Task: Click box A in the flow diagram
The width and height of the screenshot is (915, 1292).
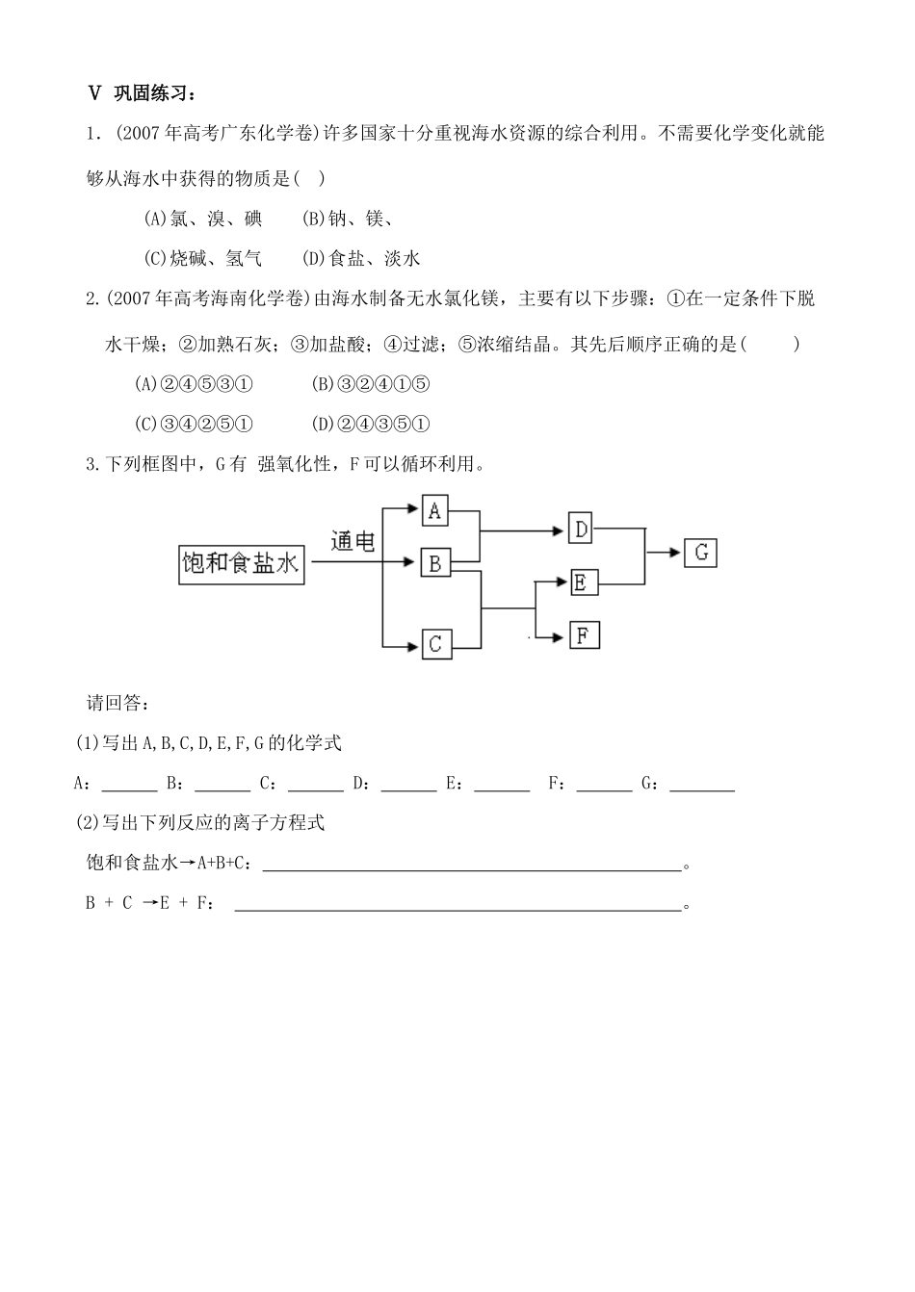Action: coord(435,510)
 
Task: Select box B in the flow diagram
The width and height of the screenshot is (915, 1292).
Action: coord(435,563)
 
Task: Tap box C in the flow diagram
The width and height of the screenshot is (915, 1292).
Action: coord(435,643)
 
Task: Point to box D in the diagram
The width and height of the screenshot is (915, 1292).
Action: coord(582,529)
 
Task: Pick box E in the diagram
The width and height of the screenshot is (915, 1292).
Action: coord(582,582)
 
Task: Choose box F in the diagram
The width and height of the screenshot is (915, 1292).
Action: coord(584,635)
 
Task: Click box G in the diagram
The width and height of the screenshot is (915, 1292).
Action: coord(700,553)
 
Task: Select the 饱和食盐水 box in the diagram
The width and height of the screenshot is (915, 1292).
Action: coord(241,563)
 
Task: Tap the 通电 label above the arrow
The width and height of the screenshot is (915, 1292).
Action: coord(353,541)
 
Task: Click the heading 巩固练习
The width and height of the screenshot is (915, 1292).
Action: coord(154,93)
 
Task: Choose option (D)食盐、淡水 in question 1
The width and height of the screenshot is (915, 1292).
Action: coord(361,258)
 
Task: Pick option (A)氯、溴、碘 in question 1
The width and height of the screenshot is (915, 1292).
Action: coord(202,219)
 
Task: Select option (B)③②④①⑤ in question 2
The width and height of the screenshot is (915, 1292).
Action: coord(371,384)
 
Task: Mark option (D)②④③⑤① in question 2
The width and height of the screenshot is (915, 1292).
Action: coord(371,424)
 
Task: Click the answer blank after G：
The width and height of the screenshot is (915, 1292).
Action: coord(702,785)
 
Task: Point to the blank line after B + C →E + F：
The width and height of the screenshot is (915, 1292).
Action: coord(457,904)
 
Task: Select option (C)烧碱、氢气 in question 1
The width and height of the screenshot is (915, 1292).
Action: coord(202,258)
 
